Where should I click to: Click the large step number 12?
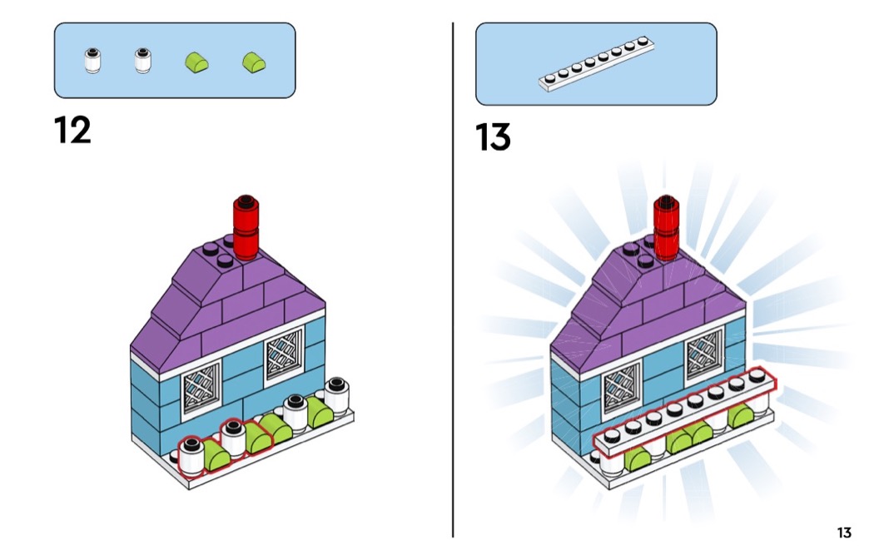pos(72,131)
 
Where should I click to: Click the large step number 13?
pos(493,137)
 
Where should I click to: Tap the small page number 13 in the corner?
pos(844,533)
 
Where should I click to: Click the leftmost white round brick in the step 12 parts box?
pos(92,62)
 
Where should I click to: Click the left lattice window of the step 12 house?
pos(201,385)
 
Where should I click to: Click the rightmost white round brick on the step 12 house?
pos(336,396)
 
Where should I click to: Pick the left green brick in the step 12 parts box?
pos(196,62)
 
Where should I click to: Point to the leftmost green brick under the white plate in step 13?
pos(639,458)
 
